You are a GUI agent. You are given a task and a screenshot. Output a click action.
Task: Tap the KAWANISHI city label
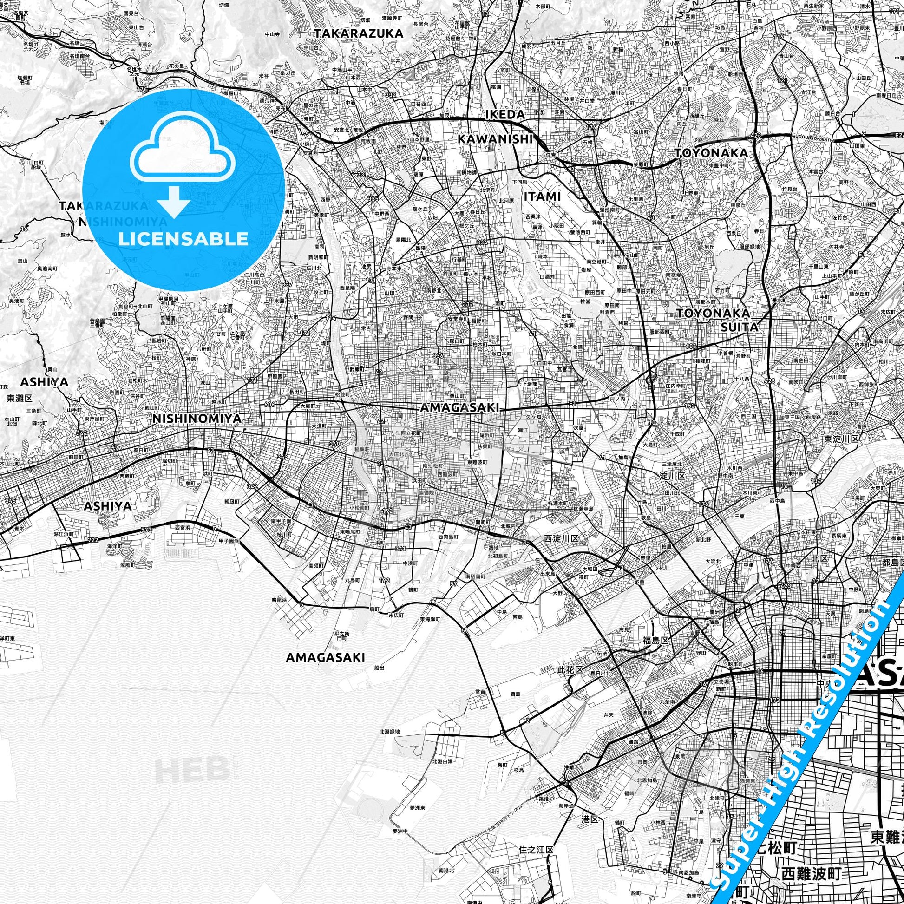[x=496, y=138]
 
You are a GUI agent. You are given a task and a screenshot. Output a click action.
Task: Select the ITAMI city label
[x=542, y=197]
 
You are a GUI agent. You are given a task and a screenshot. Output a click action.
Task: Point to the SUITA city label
[x=739, y=327]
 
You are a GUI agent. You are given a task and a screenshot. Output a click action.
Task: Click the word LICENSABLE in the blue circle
[x=183, y=239]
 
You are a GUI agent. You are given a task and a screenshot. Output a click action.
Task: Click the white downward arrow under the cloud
[x=174, y=202]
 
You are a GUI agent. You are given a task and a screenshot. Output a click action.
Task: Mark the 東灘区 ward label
[x=20, y=398]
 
